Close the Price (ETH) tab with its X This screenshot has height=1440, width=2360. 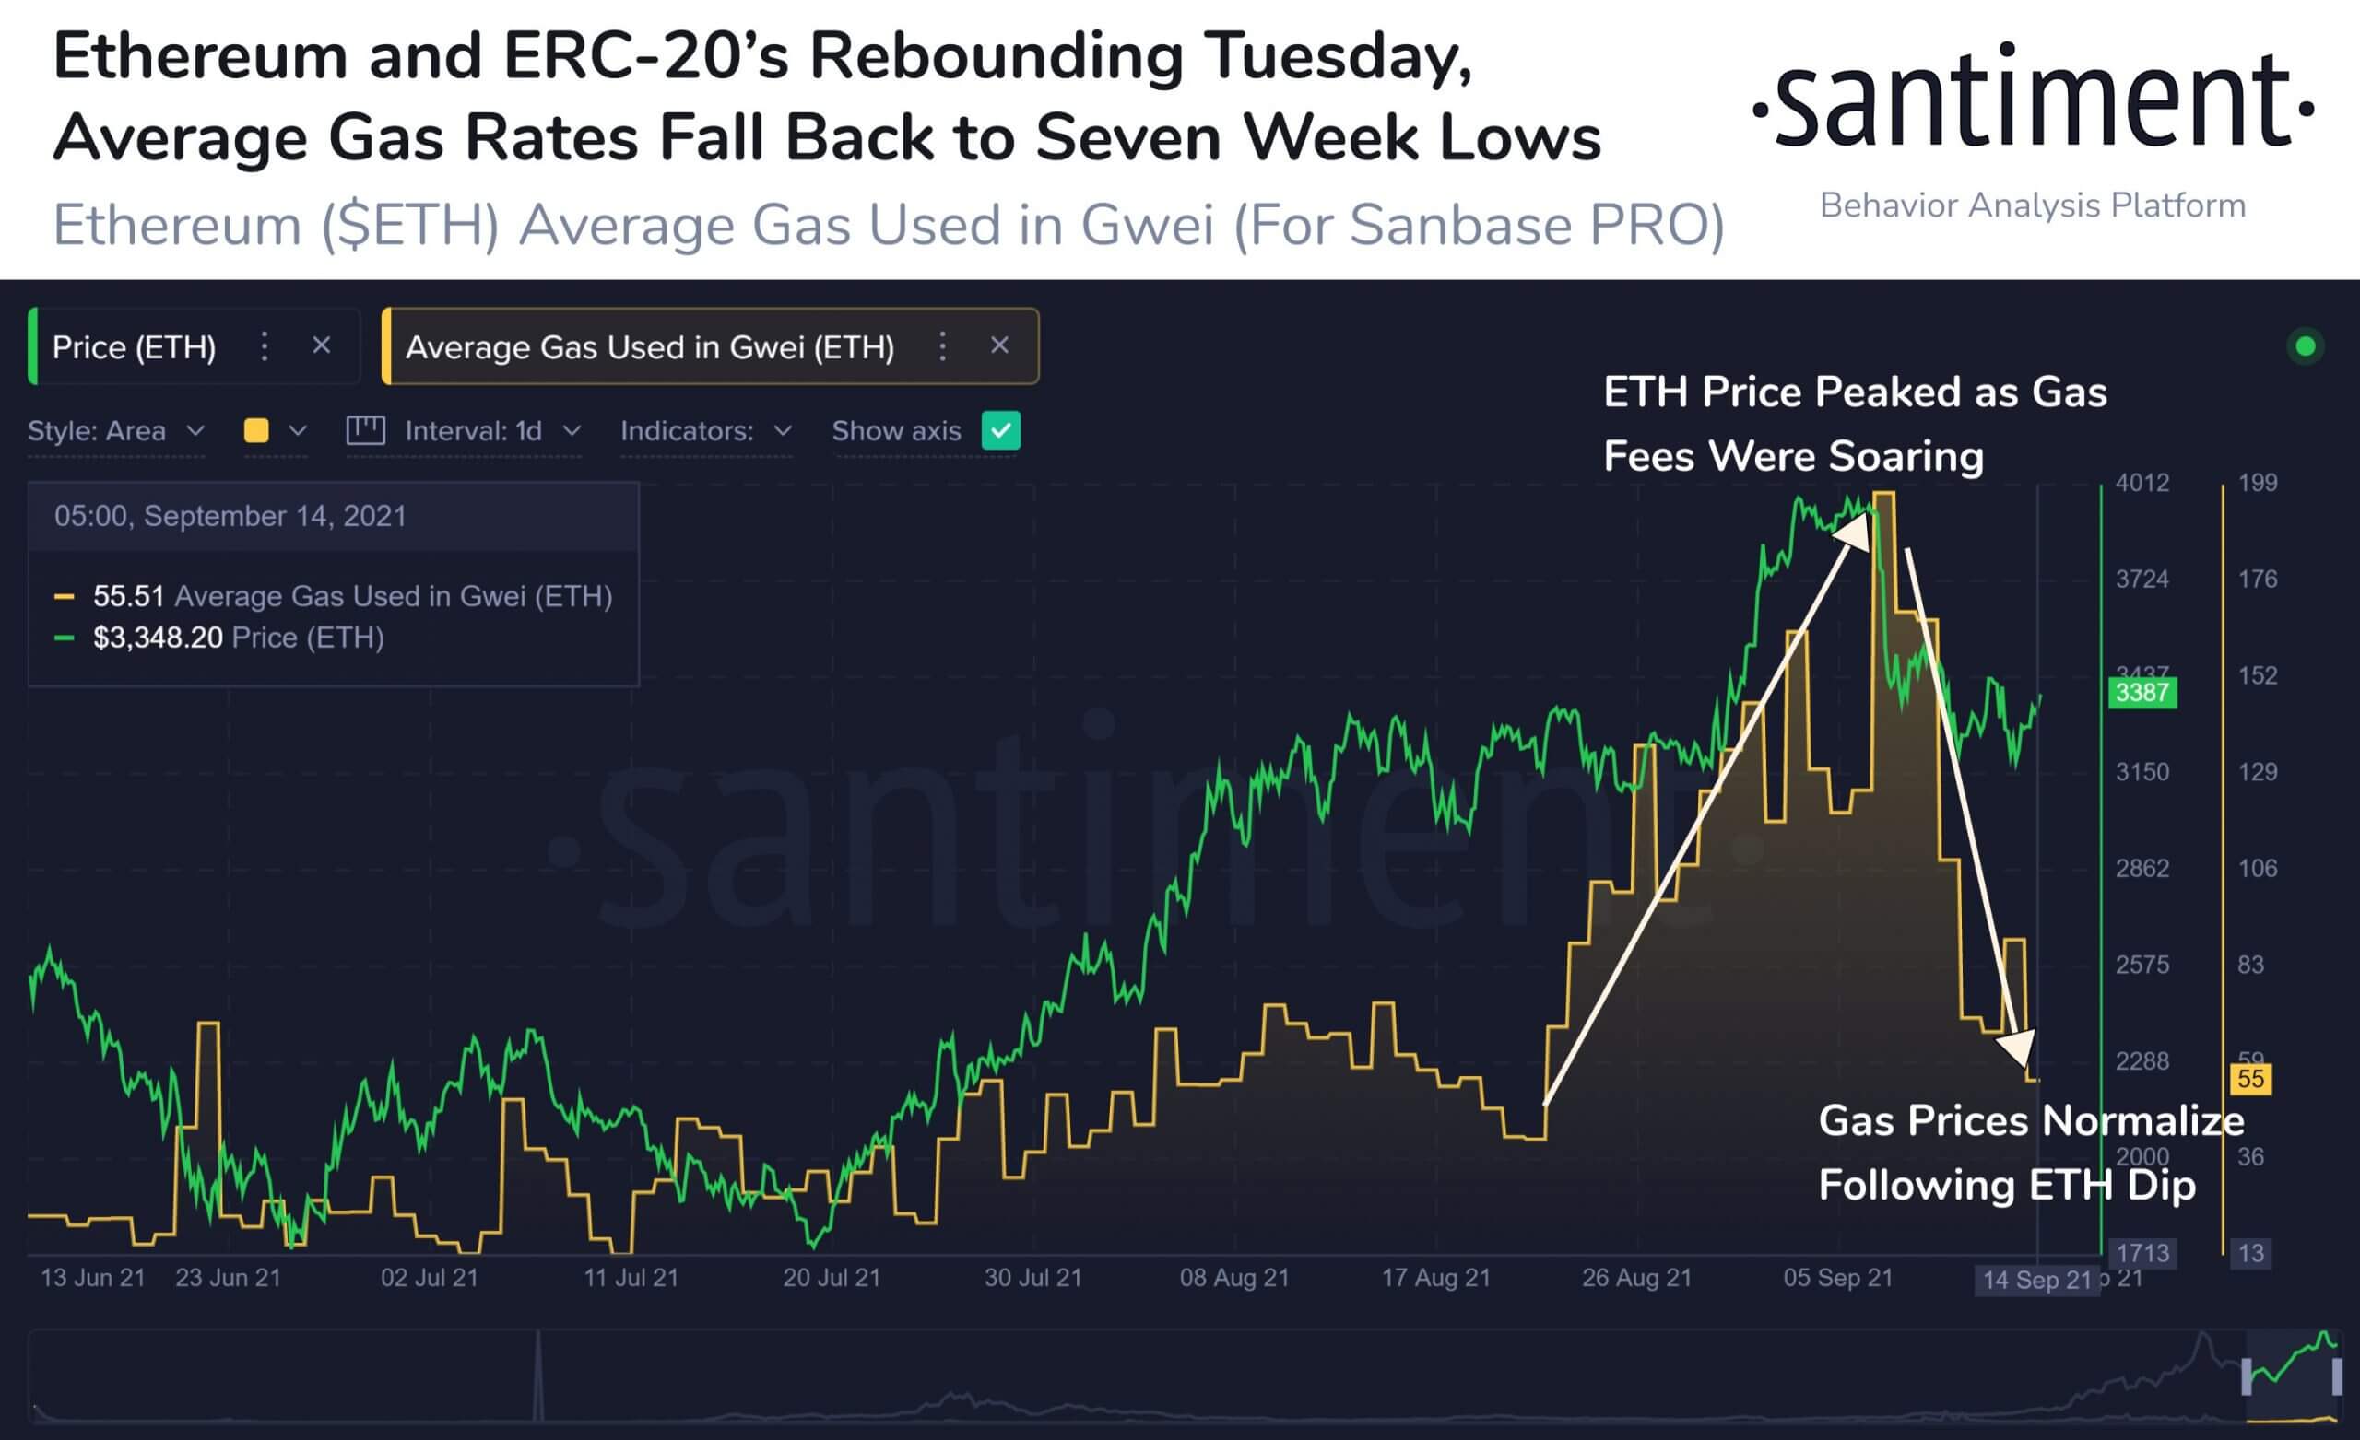pos(322,345)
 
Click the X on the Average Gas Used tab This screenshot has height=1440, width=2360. pos(999,345)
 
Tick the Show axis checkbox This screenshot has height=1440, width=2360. pos(1001,431)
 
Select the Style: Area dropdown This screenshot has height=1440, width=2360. pos(116,431)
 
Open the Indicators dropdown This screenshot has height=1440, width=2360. pos(706,431)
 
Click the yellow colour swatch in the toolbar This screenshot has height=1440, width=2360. pos(256,431)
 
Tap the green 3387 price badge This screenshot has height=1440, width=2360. pos(2142,692)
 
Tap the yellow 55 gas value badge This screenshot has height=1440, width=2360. pos(2250,1079)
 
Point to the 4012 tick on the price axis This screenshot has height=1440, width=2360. pos(2142,483)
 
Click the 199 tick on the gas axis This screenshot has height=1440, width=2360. pos(2258,483)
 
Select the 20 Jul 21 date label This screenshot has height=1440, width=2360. pos(832,1278)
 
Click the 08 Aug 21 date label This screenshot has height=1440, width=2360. pos(1234,1278)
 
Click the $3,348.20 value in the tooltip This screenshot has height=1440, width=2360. pos(158,638)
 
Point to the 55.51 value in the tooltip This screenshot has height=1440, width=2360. pos(128,596)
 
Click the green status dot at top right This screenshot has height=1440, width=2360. pos(2306,346)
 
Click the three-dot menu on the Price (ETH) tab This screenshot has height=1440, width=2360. pos(265,345)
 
